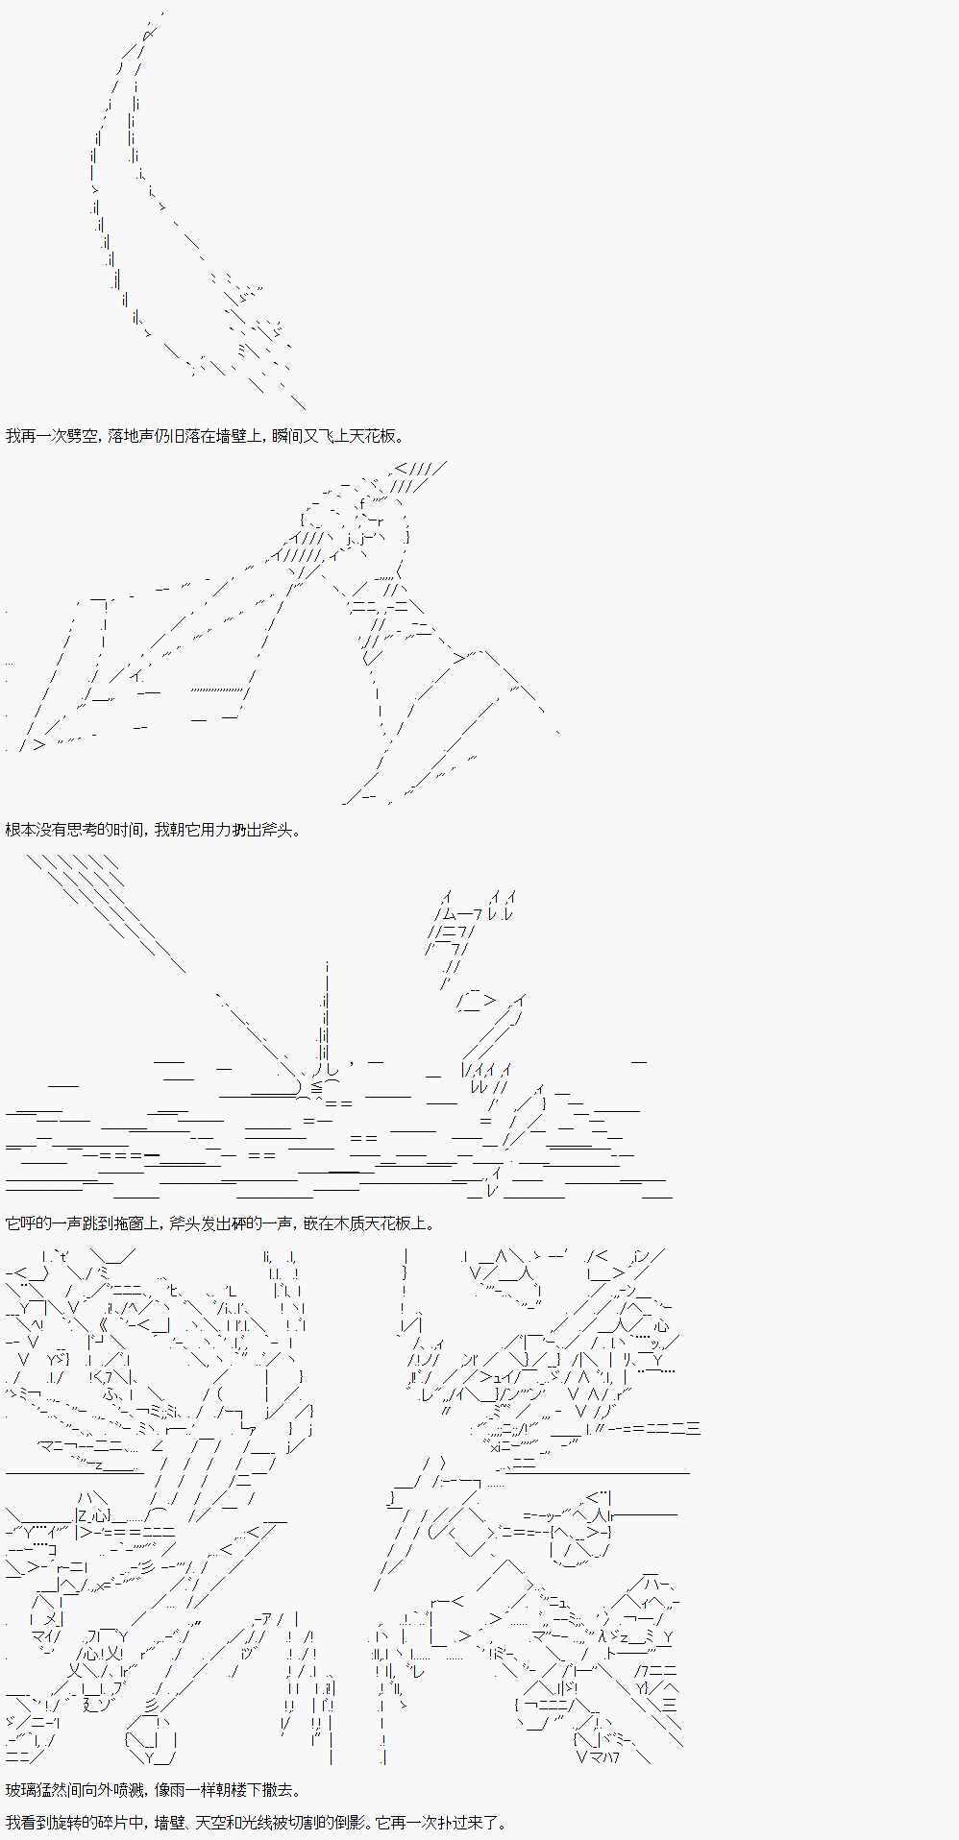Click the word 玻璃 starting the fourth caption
coord(20,1790)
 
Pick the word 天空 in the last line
coord(203,1822)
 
